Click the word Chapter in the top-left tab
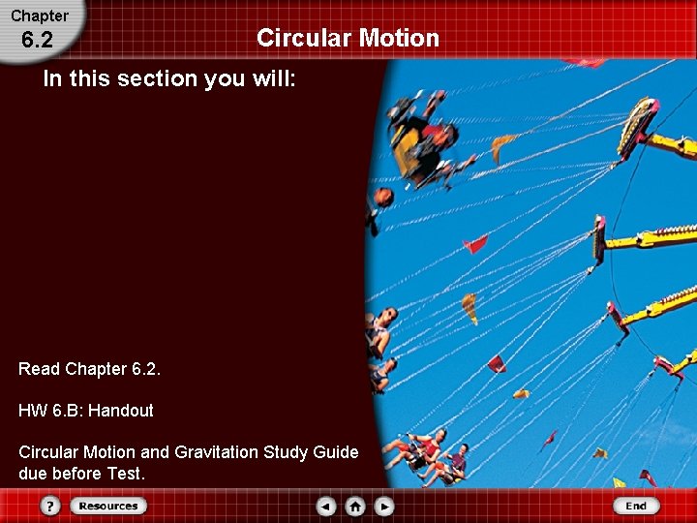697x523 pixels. tap(40, 15)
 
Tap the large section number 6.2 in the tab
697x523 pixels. tap(37, 41)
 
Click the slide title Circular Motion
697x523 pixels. tap(348, 38)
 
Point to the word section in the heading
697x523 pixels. tap(154, 79)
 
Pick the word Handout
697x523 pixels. tap(121, 411)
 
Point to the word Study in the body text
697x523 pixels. tap(287, 452)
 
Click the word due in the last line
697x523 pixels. tap(32, 474)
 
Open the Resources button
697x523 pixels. tap(107, 506)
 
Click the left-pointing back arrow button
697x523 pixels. tap(326, 506)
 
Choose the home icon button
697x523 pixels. tap(355, 506)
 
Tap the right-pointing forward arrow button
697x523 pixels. tap(384, 506)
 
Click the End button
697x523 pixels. tap(636, 506)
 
